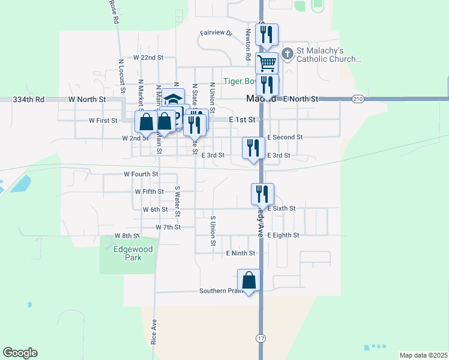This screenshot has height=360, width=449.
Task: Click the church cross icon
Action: [x=288, y=54]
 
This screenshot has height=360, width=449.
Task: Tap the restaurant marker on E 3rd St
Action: [x=253, y=148]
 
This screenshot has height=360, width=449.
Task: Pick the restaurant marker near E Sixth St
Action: [x=262, y=194]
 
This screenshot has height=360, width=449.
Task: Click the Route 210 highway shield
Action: [x=358, y=98]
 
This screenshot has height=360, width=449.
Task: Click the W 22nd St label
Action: [x=140, y=58]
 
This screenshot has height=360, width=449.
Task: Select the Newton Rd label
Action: [x=247, y=44]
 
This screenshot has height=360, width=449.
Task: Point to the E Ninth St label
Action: [x=241, y=253]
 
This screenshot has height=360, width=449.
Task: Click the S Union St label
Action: [x=212, y=231]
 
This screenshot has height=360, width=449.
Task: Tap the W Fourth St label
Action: [x=140, y=174]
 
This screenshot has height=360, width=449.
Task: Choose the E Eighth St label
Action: [x=283, y=235]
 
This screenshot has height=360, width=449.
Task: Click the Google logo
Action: [x=20, y=353]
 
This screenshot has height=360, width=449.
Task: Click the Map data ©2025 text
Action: [x=423, y=355]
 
